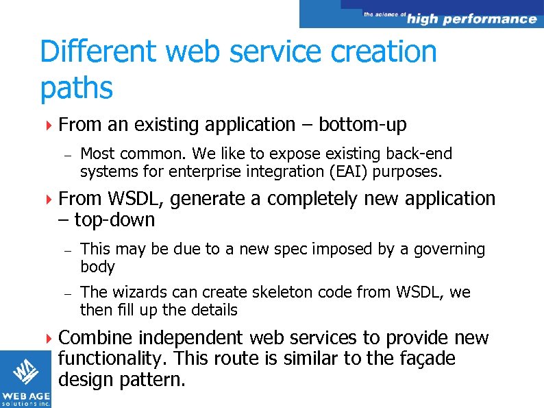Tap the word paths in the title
(76, 88)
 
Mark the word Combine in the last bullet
(97, 338)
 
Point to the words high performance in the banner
(471, 19)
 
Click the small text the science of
(384, 14)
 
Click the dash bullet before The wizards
(68, 293)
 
